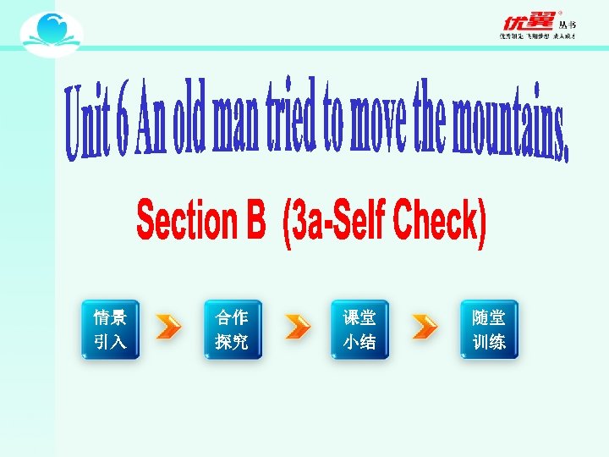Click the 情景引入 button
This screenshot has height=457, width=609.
coord(110,329)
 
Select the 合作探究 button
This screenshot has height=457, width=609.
coord(232,329)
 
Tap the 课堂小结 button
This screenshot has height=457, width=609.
coord(359,329)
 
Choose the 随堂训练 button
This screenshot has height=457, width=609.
coord(489,329)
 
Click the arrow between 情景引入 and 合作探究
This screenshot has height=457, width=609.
coord(169,327)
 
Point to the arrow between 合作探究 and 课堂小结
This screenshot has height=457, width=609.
coord(297,327)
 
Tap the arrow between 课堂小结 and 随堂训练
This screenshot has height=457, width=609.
coord(425,327)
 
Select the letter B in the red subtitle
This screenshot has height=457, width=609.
coord(255,222)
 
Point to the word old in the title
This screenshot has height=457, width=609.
coord(188,118)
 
